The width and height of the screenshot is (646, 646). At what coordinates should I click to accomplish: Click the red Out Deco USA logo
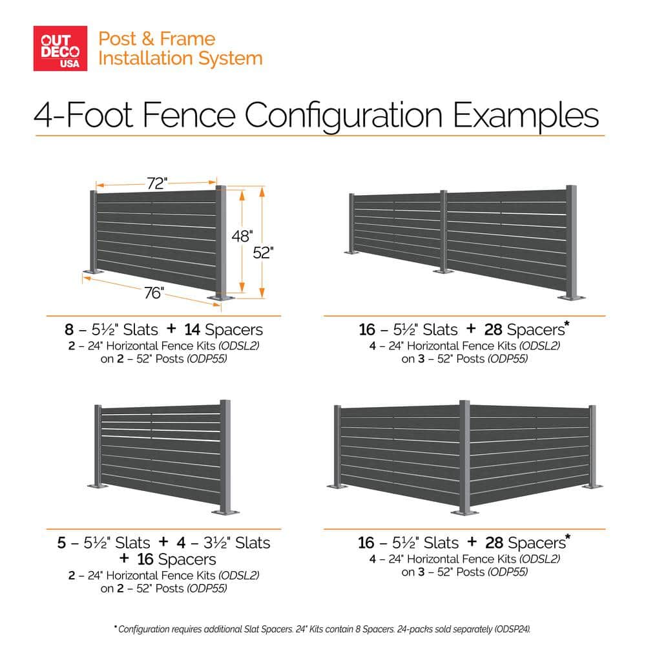pos(60,48)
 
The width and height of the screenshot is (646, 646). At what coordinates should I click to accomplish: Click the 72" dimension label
pos(157,183)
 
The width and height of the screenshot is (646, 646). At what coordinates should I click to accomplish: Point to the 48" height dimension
pos(242,236)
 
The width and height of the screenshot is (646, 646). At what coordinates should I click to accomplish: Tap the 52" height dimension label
pos(263,253)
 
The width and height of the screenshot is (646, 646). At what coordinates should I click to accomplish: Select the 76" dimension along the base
pos(154,293)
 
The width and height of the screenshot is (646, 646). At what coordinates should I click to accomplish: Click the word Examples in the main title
pos(526,116)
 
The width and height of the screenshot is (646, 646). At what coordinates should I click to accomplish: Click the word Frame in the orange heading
pos(187,39)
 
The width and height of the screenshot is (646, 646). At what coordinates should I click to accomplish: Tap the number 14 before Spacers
pos(192,329)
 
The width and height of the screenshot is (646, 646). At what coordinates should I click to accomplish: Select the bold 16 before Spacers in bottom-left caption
pos(145,559)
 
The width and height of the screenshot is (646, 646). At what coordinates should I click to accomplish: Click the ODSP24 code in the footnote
pos(512,629)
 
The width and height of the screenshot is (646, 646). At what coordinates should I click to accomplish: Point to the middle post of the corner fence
pos(464,458)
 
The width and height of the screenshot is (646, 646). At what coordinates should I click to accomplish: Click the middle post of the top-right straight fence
pos(443,231)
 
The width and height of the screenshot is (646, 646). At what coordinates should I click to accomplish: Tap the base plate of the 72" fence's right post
pos(221,297)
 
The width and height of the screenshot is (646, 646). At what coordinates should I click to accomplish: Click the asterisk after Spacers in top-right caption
pos(567,324)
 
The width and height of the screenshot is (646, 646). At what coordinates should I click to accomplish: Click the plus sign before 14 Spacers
pos(171,329)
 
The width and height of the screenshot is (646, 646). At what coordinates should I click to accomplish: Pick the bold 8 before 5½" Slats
pos(69,329)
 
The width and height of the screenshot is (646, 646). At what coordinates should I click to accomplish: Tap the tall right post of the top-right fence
pos(572,243)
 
